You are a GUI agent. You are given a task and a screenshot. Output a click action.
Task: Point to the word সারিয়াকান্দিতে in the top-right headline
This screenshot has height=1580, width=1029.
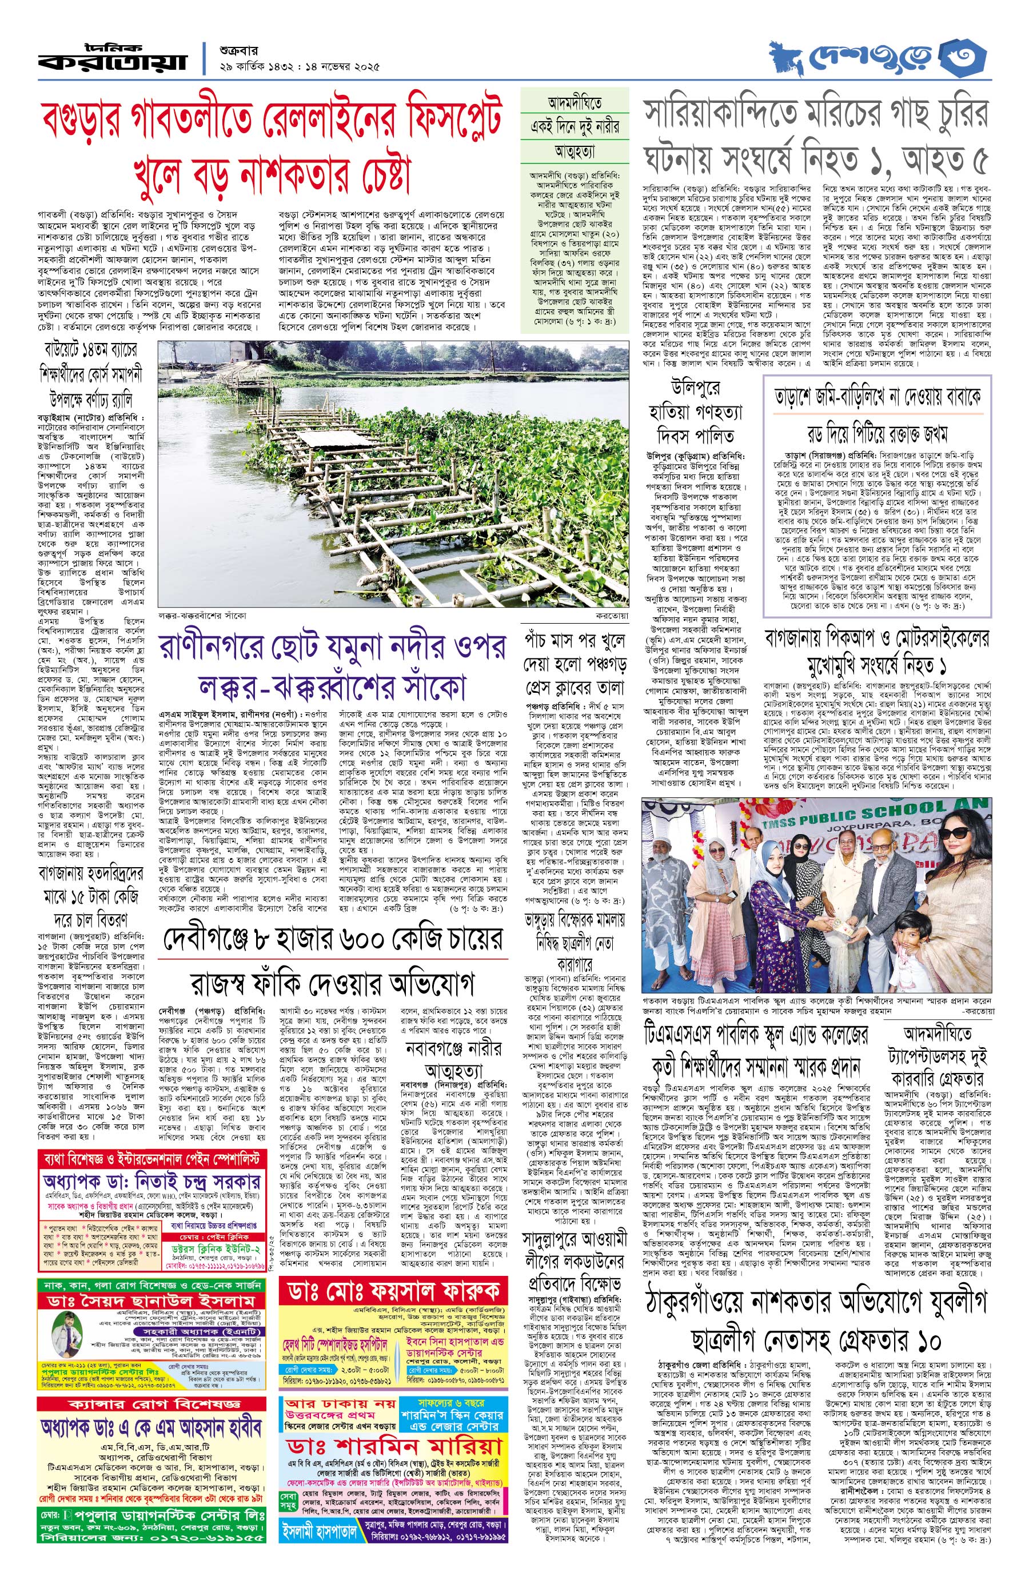(720, 113)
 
